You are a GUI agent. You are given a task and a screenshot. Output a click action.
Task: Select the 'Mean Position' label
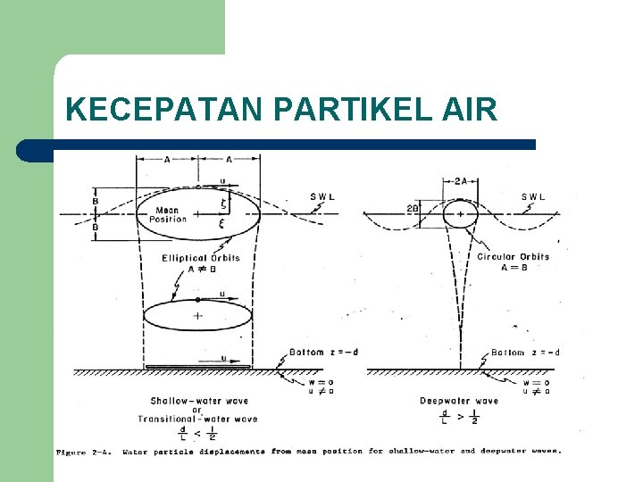pyautogui.click(x=168, y=214)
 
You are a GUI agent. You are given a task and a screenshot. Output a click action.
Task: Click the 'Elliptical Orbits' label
pyautogui.click(x=201, y=258)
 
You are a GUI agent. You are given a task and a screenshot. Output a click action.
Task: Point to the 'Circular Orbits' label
pyautogui.click(x=513, y=257)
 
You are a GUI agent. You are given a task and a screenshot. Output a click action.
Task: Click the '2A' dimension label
pyautogui.click(x=460, y=181)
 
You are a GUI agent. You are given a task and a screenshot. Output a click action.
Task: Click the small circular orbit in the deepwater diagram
pyautogui.click(x=460, y=214)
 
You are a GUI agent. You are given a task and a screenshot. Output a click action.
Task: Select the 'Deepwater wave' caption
pyautogui.click(x=459, y=401)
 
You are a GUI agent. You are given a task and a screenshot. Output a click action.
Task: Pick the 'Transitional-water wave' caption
pyautogui.click(x=196, y=419)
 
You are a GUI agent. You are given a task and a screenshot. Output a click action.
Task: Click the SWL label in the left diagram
pyautogui.click(x=323, y=197)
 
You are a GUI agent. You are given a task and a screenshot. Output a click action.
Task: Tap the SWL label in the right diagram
pyautogui.click(x=535, y=197)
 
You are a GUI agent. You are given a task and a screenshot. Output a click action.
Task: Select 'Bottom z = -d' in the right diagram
pyautogui.click(x=525, y=353)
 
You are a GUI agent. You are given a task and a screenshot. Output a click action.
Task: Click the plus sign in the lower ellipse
pyautogui.click(x=197, y=315)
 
